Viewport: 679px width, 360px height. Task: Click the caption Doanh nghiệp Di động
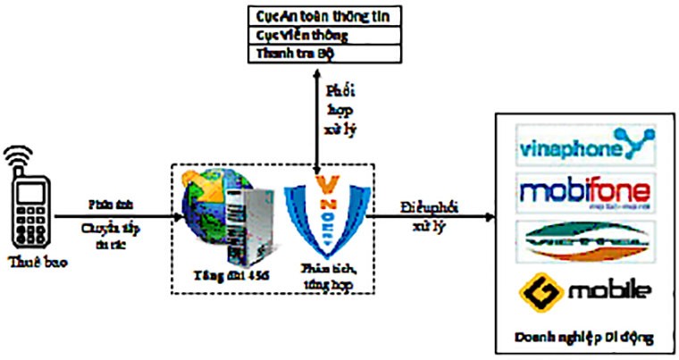(x=585, y=337)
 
